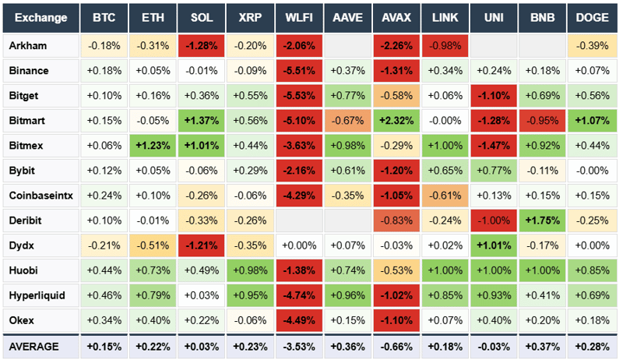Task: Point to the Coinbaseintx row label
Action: pos(40,196)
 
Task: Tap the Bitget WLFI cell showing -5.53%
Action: pos(300,96)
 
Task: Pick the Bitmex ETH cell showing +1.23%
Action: pos(153,146)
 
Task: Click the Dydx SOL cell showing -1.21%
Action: pos(202,245)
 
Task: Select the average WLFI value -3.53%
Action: pos(300,346)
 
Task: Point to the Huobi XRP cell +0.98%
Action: pos(251,270)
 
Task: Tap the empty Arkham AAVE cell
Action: pos(348,46)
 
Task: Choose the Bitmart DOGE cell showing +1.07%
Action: pos(592,121)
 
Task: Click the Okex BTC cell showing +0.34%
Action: pos(104,321)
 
